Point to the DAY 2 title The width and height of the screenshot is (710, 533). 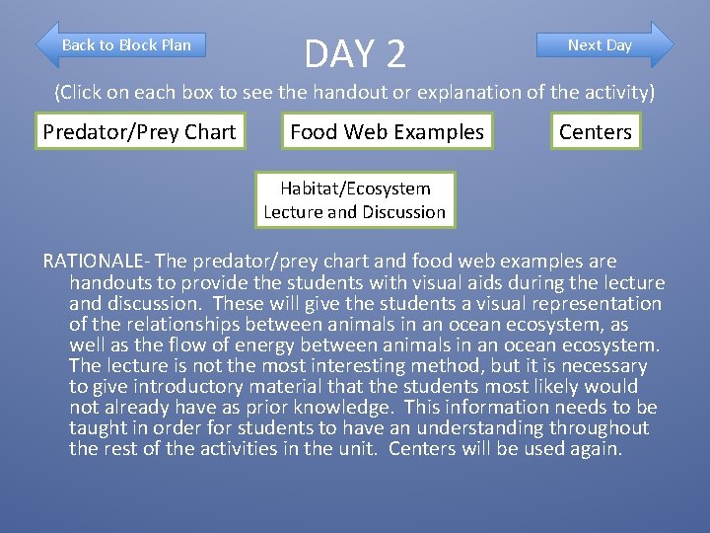click(355, 53)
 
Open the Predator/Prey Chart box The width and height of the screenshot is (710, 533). click(139, 132)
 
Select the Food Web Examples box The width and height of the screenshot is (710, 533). click(387, 132)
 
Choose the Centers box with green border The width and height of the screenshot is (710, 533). click(595, 132)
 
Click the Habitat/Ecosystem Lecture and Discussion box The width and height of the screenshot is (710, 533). click(355, 199)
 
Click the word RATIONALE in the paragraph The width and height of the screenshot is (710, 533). click(95, 262)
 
